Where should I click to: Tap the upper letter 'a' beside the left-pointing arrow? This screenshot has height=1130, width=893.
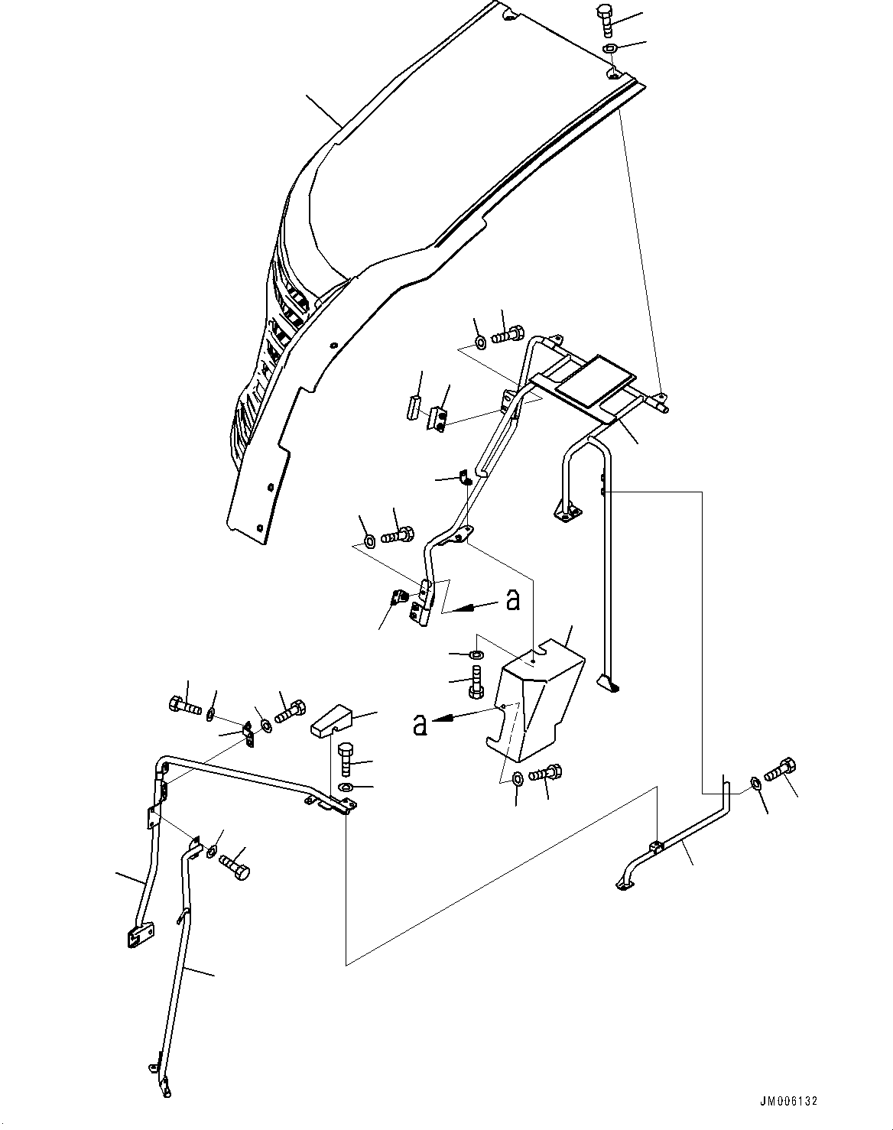(513, 601)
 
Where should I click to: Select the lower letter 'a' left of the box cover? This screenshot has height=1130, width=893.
(419, 724)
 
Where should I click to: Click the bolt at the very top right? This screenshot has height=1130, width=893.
(606, 19)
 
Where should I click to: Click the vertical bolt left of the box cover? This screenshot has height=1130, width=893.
(475, 681)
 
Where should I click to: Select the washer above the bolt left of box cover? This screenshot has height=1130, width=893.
(476, 655)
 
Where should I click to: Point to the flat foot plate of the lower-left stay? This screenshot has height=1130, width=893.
(137, 937)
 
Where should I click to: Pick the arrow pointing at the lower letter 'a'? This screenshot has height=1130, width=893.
(455, 716)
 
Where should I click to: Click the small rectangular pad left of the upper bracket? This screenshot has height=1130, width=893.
(411, 406)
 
